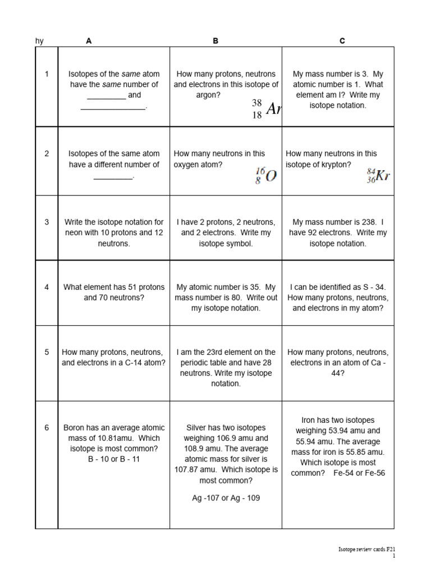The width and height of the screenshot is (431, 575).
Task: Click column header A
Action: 89,41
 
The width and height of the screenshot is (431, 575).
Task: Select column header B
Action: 215,41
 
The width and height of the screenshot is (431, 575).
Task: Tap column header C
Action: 342,41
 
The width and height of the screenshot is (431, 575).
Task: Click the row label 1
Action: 47,74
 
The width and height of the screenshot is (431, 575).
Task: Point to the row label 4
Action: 47,287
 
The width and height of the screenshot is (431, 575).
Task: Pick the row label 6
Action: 47,427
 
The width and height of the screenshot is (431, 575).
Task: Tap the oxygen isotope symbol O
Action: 270,176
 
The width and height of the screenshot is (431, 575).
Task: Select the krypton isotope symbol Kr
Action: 382,176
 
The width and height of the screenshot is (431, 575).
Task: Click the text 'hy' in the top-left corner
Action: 39,41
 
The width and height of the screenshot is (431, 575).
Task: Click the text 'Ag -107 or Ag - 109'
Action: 226,498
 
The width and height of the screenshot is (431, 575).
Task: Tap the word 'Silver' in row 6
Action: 196,427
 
